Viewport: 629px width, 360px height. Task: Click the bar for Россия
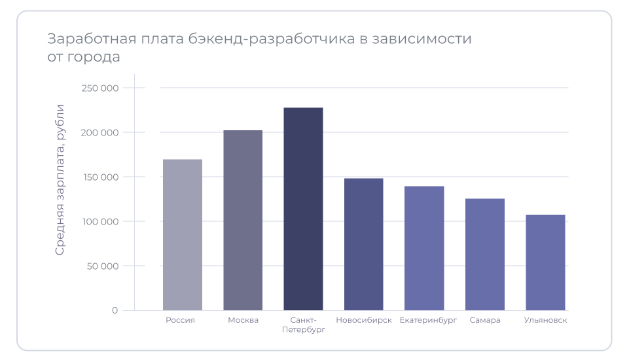183,234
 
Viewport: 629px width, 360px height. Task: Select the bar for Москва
243,220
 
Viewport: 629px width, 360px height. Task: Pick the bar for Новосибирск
364,244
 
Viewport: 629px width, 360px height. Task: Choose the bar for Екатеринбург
424,248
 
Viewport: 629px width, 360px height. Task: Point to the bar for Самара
485,254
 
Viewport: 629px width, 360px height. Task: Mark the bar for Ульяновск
545,262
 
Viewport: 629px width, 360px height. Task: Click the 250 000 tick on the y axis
100,88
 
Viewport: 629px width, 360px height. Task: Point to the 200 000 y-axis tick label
100,132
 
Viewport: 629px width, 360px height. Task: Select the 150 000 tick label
100,177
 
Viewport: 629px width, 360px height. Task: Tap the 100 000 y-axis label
100,221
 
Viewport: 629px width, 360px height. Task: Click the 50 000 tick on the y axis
102,266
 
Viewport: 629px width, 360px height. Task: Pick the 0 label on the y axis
115,310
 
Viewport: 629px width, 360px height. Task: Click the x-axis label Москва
243,320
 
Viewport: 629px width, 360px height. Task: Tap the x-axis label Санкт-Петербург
303,325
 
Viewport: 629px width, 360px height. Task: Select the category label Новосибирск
364,320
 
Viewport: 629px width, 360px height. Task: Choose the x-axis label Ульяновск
545,320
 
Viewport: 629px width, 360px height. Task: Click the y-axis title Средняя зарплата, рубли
60,179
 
